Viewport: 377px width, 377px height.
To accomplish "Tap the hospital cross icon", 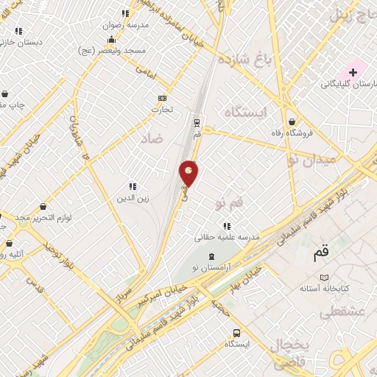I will click(x=353, y=71).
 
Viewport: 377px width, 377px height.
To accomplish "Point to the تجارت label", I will click(x=162, y=110).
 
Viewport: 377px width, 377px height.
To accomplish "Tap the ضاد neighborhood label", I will click(x=150, y=137).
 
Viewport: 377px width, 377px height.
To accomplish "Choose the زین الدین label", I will click(x=133, y=197).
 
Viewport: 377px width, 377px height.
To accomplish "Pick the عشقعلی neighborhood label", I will click(x=339, y=313).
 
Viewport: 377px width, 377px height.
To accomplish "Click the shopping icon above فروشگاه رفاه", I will click(x=293, y=122).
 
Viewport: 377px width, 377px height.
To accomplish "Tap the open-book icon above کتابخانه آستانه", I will click(x=324, y=277).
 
